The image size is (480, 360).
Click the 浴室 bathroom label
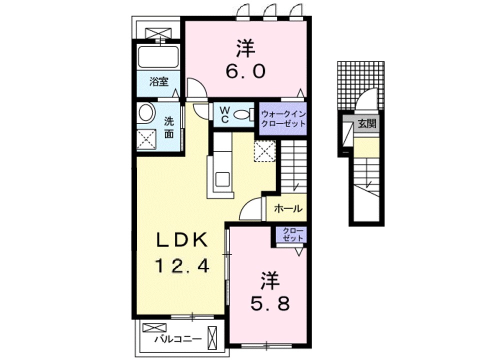159,82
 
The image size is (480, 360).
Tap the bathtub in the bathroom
157,57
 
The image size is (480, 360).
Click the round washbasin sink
146,112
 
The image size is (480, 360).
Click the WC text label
223,114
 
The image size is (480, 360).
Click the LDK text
181,240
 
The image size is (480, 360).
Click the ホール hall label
287,208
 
